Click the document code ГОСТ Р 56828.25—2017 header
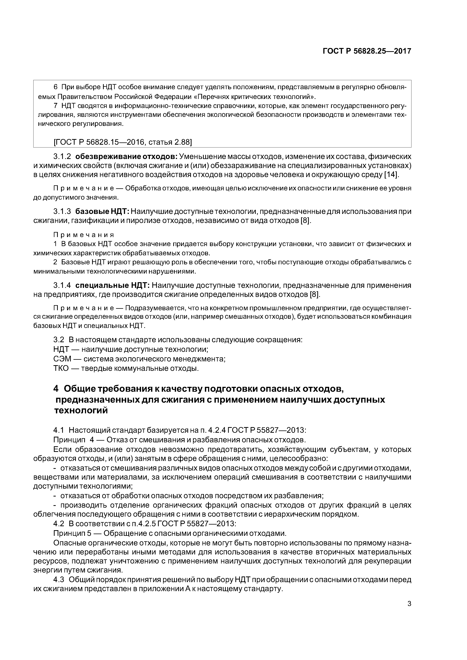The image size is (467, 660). point(367,51)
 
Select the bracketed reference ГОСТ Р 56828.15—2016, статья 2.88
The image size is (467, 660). point(123,142)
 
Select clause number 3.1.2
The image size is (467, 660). point(62,157)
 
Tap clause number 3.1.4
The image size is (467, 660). point(62,285)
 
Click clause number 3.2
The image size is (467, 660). point(59,340)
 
